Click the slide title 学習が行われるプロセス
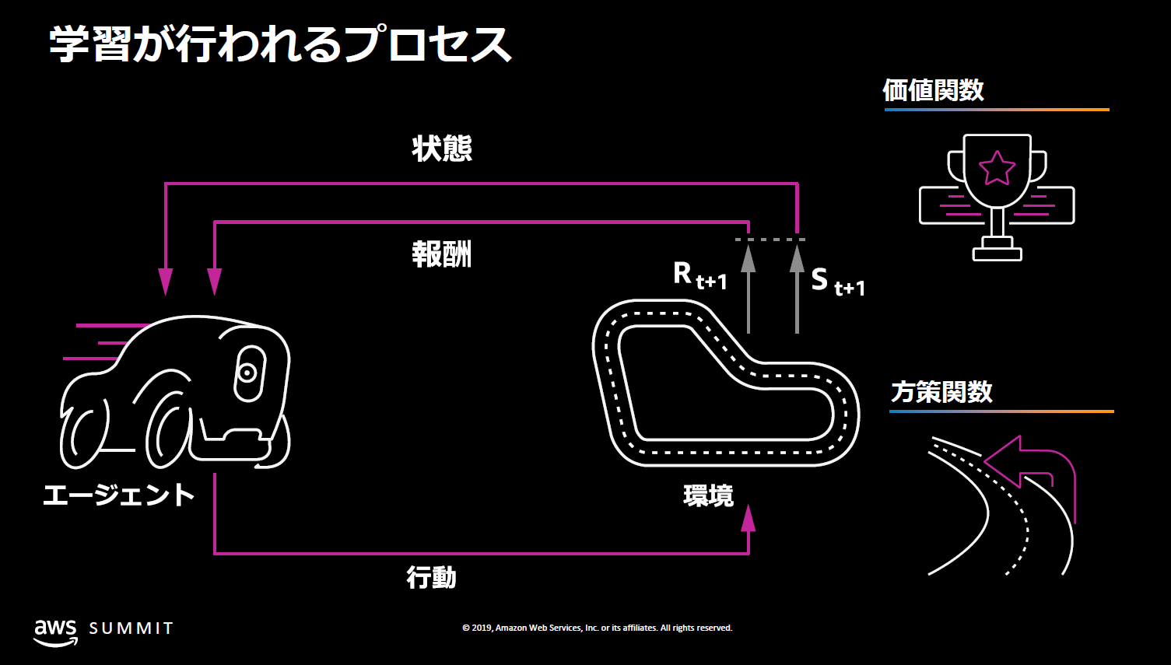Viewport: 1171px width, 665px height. tap(280, 44)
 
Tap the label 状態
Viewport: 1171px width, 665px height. tap(442, 149)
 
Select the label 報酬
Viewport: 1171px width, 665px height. tap(442, 254)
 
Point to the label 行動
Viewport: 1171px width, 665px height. tap(431, 578)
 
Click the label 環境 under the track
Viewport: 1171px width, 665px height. tap(708, 495)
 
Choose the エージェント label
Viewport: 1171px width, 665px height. tap(118, 495)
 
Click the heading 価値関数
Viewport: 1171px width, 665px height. tap(933, 91)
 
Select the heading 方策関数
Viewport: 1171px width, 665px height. tap(941, 392)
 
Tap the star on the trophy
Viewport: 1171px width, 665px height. tap(997, 168)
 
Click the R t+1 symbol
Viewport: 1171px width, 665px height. tap(699, 275)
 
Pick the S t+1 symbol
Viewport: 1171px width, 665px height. tap(837, 282)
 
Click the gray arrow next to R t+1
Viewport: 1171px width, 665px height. tap(749, 288)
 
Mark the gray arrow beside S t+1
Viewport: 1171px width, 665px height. tap(797, 288)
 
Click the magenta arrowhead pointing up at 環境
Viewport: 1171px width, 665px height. tap(749, 519)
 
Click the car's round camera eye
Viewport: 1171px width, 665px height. tap(247, 373)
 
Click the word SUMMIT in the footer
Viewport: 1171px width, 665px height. tap(131, 628)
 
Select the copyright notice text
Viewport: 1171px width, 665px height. tap(597, 628)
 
